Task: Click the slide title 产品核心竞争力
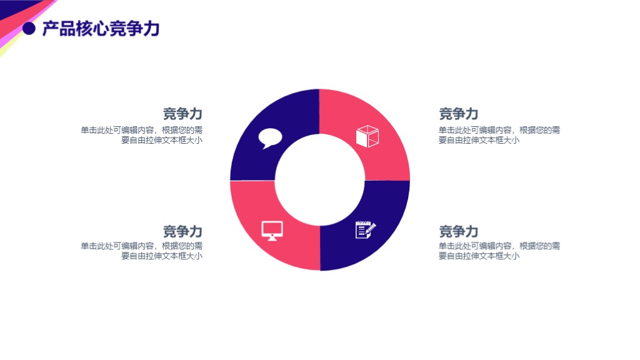(101, 29)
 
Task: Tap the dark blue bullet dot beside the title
(28, 29)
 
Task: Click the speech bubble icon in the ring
(271, 137)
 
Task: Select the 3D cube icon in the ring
(367, 136)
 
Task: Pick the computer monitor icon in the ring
(272, 230)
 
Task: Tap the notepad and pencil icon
(366, 229)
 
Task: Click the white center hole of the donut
(319, 180)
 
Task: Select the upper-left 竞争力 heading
(182, 114)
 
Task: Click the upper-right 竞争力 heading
(458, 114)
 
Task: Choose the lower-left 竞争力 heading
(182, 231)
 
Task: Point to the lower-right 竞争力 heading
(458, 231)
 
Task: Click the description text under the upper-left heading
(141, 135)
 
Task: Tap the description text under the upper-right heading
(499, 135)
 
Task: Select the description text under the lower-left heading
(141, 251)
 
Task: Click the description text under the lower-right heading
(499, 251)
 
